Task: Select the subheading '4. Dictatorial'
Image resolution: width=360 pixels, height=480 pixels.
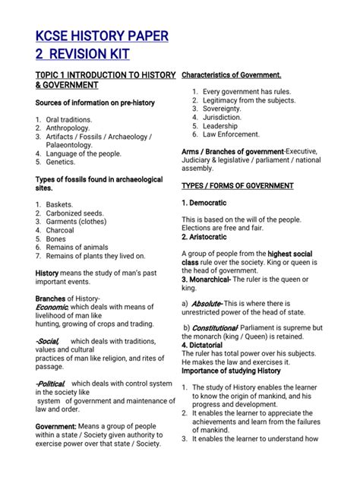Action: (204, 345)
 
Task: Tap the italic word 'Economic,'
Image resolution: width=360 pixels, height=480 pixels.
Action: (52, 306)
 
